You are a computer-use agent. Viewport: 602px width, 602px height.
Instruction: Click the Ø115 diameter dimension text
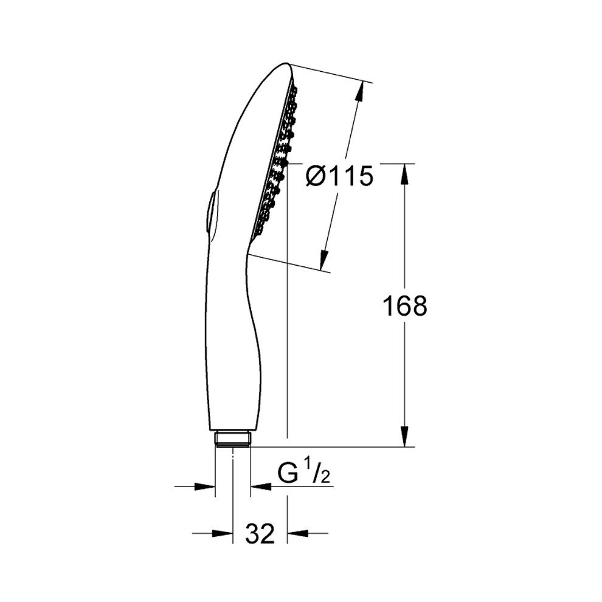click(339, 176)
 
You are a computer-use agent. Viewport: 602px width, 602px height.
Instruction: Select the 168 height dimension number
click(405, 306)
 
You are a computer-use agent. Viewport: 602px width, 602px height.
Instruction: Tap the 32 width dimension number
click(260, 533)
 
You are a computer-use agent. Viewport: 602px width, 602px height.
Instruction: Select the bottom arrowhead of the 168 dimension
click(404, 437)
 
